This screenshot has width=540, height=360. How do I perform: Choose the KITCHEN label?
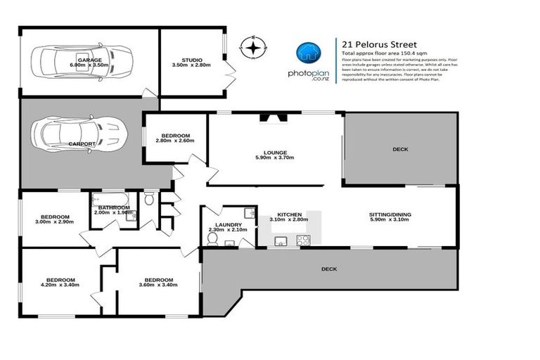[289, 214]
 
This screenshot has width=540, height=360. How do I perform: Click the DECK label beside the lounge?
[401, 149]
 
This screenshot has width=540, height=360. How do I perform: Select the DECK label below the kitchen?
[328, 269]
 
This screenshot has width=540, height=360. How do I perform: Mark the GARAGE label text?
[89, 60]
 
